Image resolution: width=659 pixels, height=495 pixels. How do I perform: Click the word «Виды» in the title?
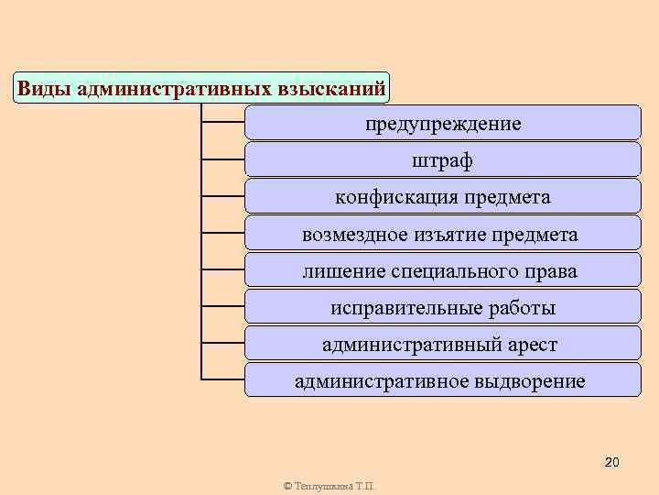click(x=46, y=89)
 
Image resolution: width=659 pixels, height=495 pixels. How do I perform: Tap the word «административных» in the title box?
click(x=174, y=89)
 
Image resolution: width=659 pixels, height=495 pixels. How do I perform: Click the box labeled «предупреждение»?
click(x=443, y=123)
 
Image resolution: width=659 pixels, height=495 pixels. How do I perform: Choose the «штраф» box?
click(x=443, y=159)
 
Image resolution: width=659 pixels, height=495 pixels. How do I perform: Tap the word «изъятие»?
click(x=453, y=235)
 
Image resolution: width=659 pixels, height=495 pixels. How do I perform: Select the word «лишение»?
click(x=335, y=271)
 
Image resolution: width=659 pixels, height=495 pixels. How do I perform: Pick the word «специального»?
click(x=445, y=271)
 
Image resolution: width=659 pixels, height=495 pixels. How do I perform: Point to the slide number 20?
click(x=612, y=461)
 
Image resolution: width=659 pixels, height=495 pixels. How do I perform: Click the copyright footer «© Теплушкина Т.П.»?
click(x=329, y=486)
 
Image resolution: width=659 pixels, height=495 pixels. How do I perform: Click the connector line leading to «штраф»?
click(x=222, y=159)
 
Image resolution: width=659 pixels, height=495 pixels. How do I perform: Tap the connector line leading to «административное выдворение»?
click(x=222, y=379)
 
